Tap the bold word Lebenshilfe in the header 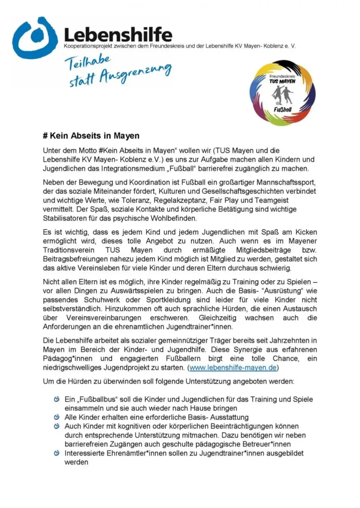(118, 35)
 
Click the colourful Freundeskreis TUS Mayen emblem (281, 93)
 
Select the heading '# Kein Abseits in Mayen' (91, 135)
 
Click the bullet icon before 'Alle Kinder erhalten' (57, 417)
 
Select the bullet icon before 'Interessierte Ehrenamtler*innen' (57, 453)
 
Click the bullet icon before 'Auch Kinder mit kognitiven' (57, 426)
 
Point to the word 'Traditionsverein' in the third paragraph (67, 251)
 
